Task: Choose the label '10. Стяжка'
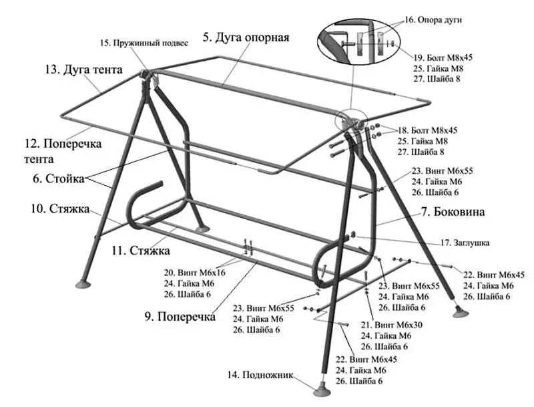59,209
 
